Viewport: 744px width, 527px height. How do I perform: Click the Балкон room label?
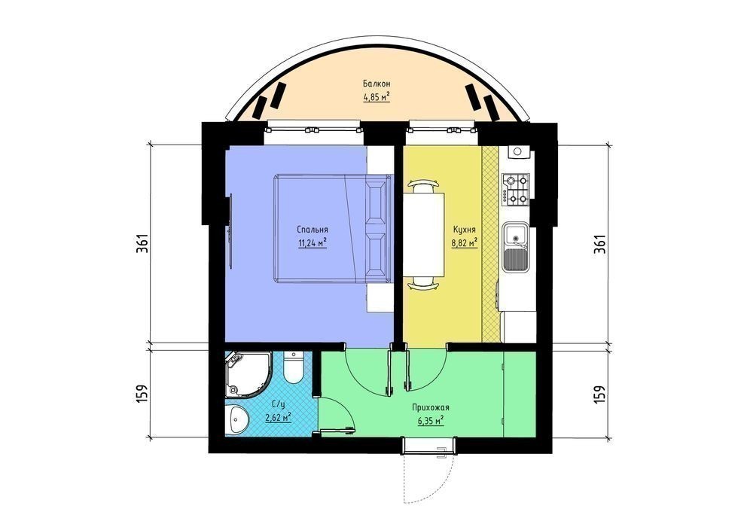[377, 84]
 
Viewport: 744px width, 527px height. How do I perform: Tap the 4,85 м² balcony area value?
[377, 98]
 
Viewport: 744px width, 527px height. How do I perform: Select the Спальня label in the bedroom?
[313, 230]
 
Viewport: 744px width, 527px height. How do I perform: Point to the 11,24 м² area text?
[313, 243]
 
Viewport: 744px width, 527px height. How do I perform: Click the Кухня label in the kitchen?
[464, 230]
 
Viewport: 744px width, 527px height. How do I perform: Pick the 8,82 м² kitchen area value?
[464, 243]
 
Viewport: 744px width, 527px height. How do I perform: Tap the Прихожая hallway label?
[431, 407]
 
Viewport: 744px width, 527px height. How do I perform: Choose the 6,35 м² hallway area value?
[431, 421]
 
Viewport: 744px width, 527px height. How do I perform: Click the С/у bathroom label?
[278, 404]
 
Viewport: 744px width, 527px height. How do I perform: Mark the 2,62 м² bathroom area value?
[278, 418]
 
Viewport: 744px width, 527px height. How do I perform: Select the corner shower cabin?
[248, 374]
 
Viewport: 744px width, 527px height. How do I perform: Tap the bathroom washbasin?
[237, 419]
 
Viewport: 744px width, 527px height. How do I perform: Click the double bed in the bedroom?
[332, 229]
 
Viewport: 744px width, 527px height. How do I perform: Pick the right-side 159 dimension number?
[599, 394]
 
